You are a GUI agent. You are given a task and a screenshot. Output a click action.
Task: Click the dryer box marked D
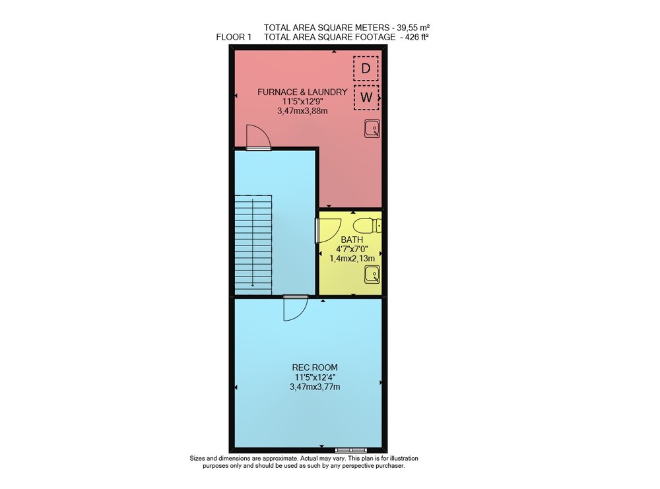coord(366,69)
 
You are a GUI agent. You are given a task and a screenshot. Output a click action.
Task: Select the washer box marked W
coord(366,98)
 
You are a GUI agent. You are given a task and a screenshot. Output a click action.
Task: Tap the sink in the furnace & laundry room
coord(372,129)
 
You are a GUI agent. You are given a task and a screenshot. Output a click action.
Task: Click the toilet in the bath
coord(368,226)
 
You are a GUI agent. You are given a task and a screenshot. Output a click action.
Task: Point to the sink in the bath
coord(372,275)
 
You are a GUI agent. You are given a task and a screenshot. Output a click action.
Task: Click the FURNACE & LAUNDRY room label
coord(302,92)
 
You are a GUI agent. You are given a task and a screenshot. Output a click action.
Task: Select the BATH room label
coord(352,240)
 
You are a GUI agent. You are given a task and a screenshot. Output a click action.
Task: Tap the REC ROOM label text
coord(315,368)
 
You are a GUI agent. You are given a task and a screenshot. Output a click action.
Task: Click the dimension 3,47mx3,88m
coord(302,111)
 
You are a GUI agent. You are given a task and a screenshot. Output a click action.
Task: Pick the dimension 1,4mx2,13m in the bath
coord(352,259)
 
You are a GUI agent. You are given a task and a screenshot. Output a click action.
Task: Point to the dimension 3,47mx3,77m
coord(315,387)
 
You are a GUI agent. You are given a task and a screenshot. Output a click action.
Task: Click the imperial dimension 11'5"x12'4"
coord(315,377)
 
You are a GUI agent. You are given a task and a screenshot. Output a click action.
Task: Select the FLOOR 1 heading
coord(234,37)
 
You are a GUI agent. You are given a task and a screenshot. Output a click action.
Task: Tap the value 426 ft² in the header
coord(416,37)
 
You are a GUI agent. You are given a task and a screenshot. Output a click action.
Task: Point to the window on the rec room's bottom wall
coord(350,450)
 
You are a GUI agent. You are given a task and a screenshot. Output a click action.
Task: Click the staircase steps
coord(253,244)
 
